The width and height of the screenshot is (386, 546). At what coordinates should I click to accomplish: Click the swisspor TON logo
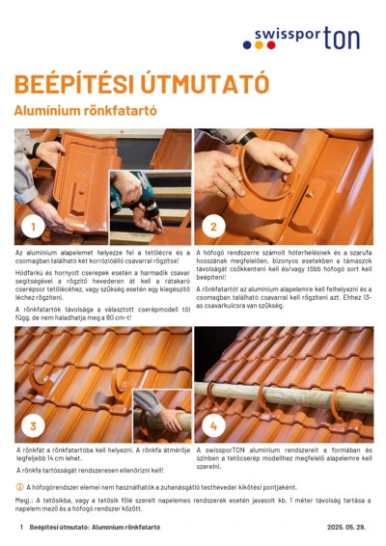click(x=314, y=39)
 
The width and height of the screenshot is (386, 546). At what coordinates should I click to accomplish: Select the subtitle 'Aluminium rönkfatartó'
click(x=85, y=111)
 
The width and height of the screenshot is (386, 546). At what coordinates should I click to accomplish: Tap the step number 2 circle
click(x=212, y=228)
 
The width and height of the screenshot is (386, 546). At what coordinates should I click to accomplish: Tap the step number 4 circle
click(x=212, y=425)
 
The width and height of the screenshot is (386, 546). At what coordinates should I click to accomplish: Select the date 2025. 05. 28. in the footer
click(x=347, y=529)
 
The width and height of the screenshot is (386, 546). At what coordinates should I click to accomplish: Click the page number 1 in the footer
click(x=19, y=529)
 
